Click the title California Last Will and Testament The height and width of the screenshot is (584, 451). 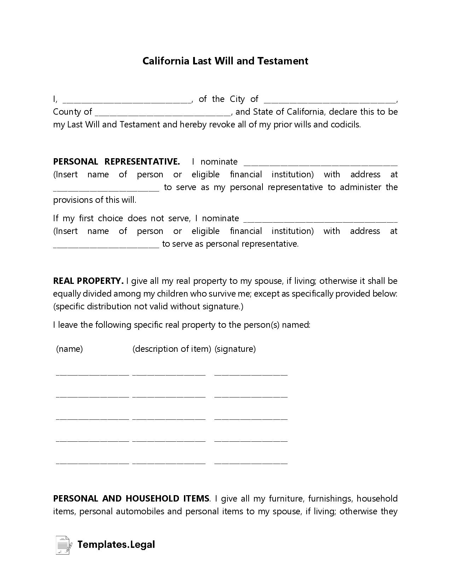tap(225, 61)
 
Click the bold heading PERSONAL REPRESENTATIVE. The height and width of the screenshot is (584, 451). tap(116, 162)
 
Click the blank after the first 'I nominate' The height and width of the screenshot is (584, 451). tap(320, 163)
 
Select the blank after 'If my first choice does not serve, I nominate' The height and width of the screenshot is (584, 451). tap(320, 220)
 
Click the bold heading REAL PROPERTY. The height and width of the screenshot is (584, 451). tap(88, 281)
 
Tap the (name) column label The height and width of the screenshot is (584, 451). tap(70, 349)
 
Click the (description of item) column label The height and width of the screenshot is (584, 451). tap(172, 349)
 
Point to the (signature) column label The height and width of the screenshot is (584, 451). tap(235, 349)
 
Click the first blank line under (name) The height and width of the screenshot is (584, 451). tap(92, 373)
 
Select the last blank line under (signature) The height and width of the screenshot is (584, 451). tap(251, 462)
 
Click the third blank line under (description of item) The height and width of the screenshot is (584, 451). tap(169, 418)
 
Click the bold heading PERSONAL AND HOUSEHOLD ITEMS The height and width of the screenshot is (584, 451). tap(131, 499)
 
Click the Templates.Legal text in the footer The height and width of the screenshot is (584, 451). tap(116, 545)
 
